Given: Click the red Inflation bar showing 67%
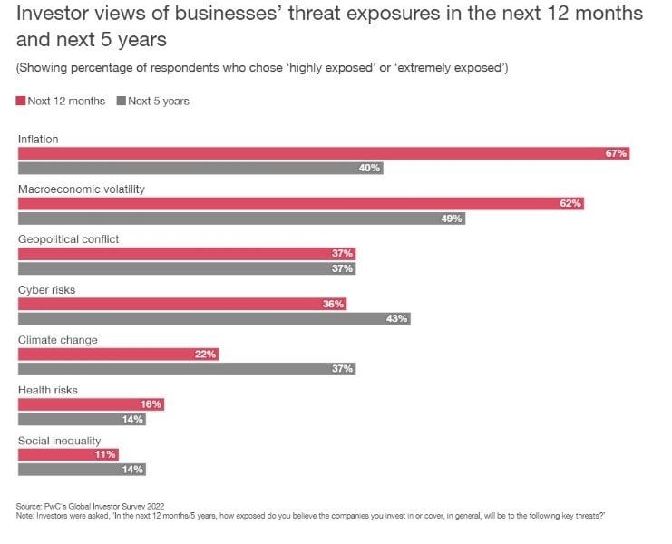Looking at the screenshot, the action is [324, 153].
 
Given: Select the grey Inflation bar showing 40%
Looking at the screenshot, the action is [200, 168].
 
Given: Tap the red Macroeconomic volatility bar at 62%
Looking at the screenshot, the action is [301, 203].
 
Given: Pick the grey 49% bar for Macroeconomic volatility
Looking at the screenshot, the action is [242, 219].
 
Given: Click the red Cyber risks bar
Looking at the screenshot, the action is [182, 304].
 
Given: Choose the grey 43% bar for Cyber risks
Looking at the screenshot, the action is [214, 318].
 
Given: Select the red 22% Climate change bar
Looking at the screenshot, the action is [118, 355].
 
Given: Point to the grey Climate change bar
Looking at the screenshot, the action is [187, 369].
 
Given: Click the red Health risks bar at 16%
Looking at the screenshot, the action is [91, 404].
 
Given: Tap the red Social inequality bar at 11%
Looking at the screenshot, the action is [68, 454].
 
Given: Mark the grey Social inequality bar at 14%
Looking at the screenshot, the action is [82, 470].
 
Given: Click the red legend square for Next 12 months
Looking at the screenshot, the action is [21, 101].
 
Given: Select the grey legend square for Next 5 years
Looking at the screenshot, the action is [122, 101].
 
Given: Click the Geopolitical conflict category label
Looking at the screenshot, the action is [69, 239].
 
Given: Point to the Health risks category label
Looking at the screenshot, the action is [48, 390].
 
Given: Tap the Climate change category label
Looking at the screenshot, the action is [58, 340].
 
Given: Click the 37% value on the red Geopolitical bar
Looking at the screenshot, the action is [342, 254].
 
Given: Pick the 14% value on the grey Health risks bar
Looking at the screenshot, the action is [132, 420].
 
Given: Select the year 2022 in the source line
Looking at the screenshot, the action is [156, 506].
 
